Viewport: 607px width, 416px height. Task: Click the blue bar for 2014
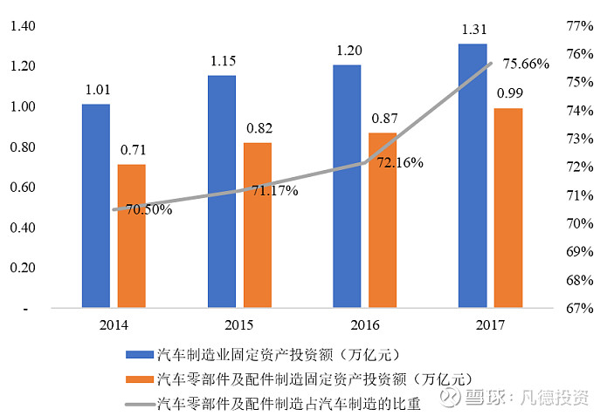[x=96, y=206]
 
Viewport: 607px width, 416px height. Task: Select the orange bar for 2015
[x=258, y=225]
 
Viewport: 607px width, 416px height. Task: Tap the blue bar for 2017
[x=472, y=175]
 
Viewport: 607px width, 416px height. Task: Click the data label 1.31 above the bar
[x=472, y=30]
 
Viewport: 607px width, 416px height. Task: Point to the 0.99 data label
[x=509, y=93]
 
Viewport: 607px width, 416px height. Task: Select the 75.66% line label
[x=522, y=64]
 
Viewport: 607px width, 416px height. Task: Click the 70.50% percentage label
[x=148, y=209]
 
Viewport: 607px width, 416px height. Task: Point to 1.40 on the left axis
[x=23, y=26]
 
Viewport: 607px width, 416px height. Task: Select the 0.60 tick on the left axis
[x=23, y=188]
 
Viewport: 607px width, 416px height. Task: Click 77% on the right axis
[x=581, y=26]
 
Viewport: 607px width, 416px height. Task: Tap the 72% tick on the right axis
[x=581, y=167]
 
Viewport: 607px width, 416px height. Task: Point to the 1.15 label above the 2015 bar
[x=222, y=61]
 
